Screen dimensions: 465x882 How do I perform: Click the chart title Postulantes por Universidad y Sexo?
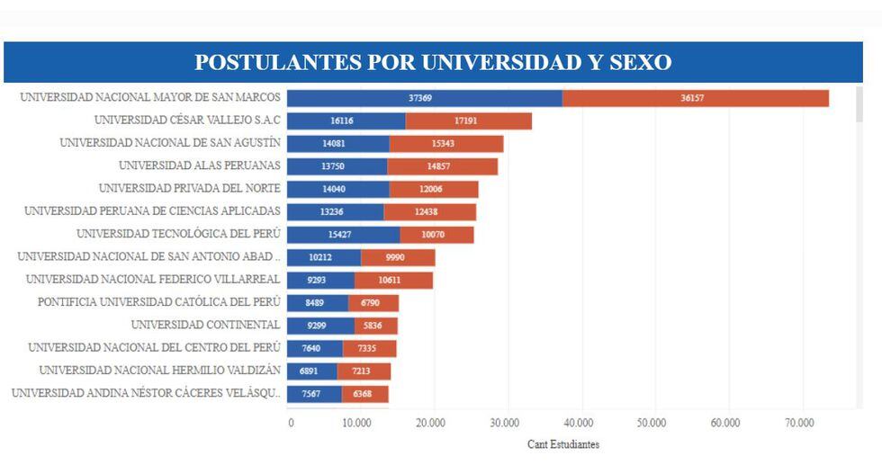433,62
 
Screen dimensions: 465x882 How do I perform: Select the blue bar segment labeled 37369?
425,98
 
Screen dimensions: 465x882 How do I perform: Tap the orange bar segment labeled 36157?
695,98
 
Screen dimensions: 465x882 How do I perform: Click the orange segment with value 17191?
468,121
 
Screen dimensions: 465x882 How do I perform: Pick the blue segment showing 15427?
344,235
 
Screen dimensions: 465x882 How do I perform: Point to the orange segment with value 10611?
393,280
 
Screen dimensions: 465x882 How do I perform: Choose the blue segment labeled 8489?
318,302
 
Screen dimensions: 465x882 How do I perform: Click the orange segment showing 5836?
375,326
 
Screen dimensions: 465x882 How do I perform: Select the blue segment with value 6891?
312,371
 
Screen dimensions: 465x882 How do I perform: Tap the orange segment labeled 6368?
364,394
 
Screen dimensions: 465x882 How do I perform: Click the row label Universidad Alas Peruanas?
200,165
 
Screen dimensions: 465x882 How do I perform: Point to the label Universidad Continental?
205,325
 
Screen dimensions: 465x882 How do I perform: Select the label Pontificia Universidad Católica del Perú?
159,302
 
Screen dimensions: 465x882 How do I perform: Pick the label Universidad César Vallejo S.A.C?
187,120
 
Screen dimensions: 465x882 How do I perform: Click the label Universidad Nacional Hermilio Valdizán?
160,370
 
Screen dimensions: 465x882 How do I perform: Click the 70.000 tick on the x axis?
799,422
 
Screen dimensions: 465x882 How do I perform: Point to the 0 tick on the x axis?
290,422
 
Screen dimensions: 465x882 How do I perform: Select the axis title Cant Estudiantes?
563,444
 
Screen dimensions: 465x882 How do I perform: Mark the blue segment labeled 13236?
336,211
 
